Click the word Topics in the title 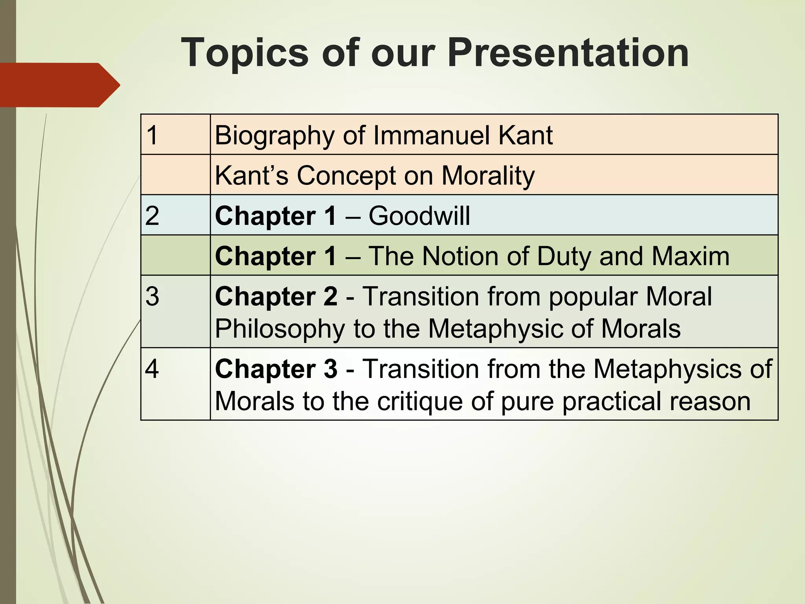click(x=244, y=53)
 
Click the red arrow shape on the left click(x=59, y=85)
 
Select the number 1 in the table click(x=152, y=135)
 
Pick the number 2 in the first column click(x=152, y=216)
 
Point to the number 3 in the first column click(x=152, y=296)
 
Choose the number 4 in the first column click(x=152, y=369)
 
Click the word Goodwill click(x=419, y=216)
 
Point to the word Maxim click(x=690, y=256)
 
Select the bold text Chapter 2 click(x=276, y=296)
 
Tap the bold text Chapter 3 click(x=276, y=369)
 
